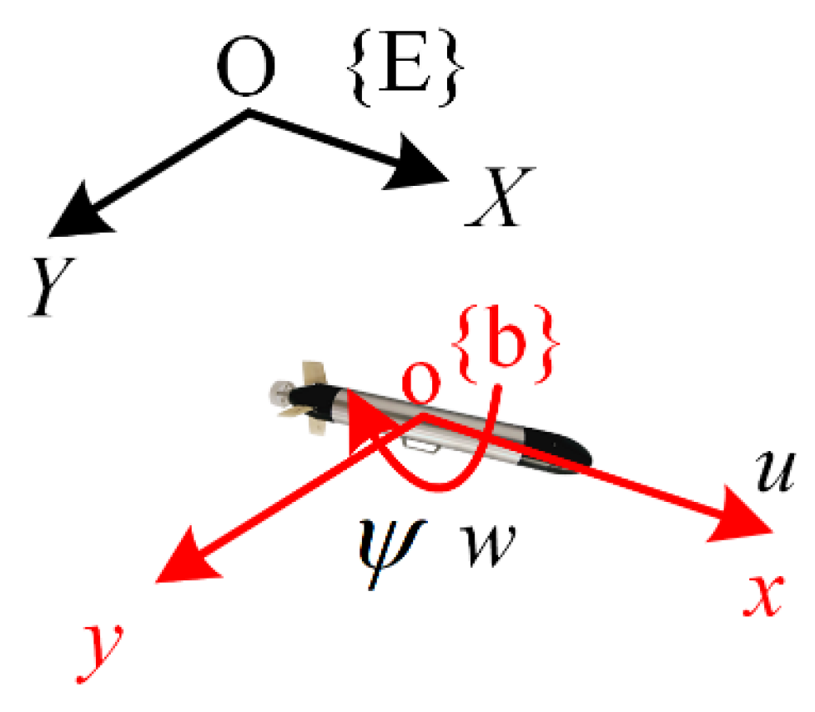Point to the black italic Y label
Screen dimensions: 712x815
[51, 288]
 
